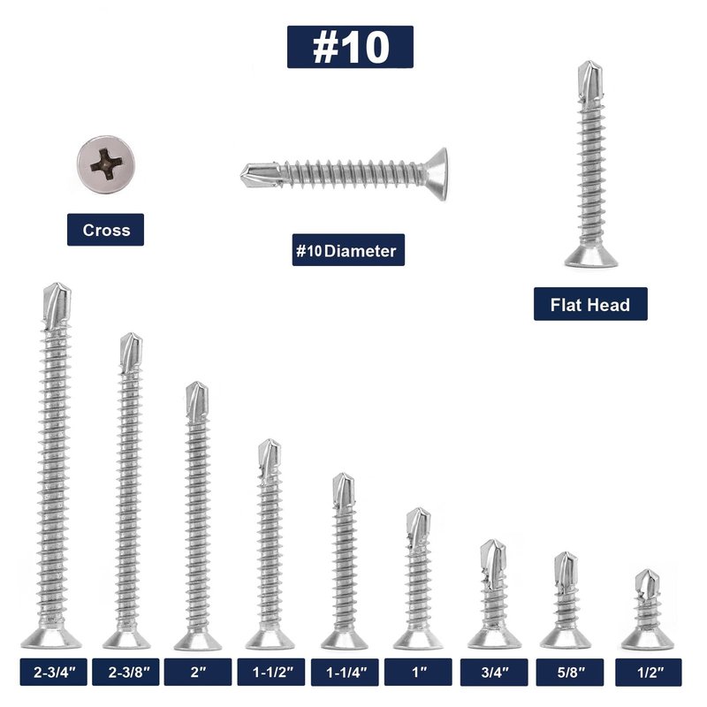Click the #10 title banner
tap(350, 47)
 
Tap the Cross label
tap(105, 230)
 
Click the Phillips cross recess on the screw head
tap(106, 164)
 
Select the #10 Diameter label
tap(348, 250)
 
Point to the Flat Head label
tap(590, 304)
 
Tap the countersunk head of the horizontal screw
tap(435, 174)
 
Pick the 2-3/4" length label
tap(53, 672)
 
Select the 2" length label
tap(198, 672)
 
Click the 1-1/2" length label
tap(271, 672)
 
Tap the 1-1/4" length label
tap(345, 672)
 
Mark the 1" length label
tap(418, 672)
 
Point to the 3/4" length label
tap(494, 672)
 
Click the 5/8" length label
tap(570, 672)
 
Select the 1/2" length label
tap(649, 672)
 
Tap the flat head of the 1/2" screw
tap(648, 639)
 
